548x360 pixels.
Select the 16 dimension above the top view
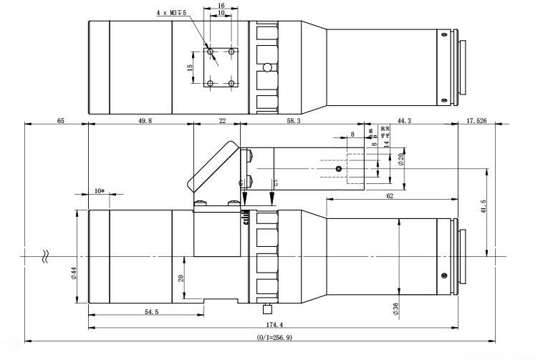coord(220,4)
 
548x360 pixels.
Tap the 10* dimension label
coord(99,191)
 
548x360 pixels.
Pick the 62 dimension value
coord(390,195)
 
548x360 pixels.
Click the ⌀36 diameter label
coord(395,308)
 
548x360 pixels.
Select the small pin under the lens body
coord(267,310)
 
